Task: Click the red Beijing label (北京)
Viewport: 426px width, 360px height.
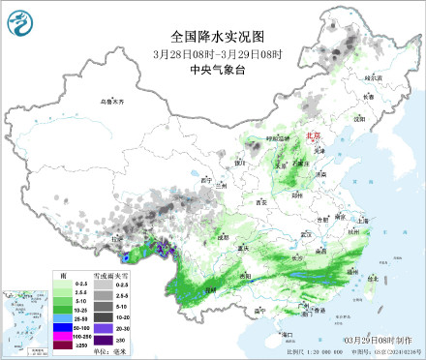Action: (x=312, y=138)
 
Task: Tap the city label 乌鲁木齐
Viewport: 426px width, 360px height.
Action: (x=113, y=101)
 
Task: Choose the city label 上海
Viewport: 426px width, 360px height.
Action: (x=362, y=220)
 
